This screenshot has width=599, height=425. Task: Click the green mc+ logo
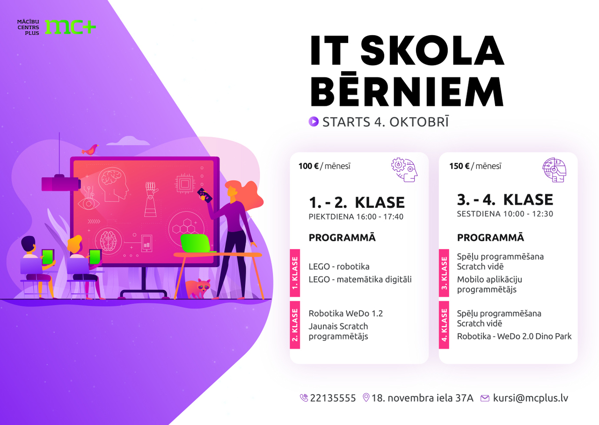[70, 27]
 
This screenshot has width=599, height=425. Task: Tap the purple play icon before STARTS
[314, 122]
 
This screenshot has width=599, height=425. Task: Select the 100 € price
[308, 166]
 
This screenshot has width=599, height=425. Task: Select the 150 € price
[459, 166]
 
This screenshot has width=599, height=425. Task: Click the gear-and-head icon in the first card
[404, 170]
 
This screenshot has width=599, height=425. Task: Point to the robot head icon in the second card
[555, 170]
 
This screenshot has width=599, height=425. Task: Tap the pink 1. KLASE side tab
[295, 273]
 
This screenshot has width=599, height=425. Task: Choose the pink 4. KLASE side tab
[444, 325]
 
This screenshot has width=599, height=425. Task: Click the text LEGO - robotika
[339, 266]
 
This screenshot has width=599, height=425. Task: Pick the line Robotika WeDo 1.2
[346, 313]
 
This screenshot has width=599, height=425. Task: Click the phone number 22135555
[333, 398]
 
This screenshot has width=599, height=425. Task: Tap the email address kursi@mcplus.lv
[531, 398]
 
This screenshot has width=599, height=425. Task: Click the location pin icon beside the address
[366, 397]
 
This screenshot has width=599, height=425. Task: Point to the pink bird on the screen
[90, 150]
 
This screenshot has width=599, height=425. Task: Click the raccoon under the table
[198, 288]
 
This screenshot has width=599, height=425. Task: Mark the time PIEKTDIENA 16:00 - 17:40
[356, 217]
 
